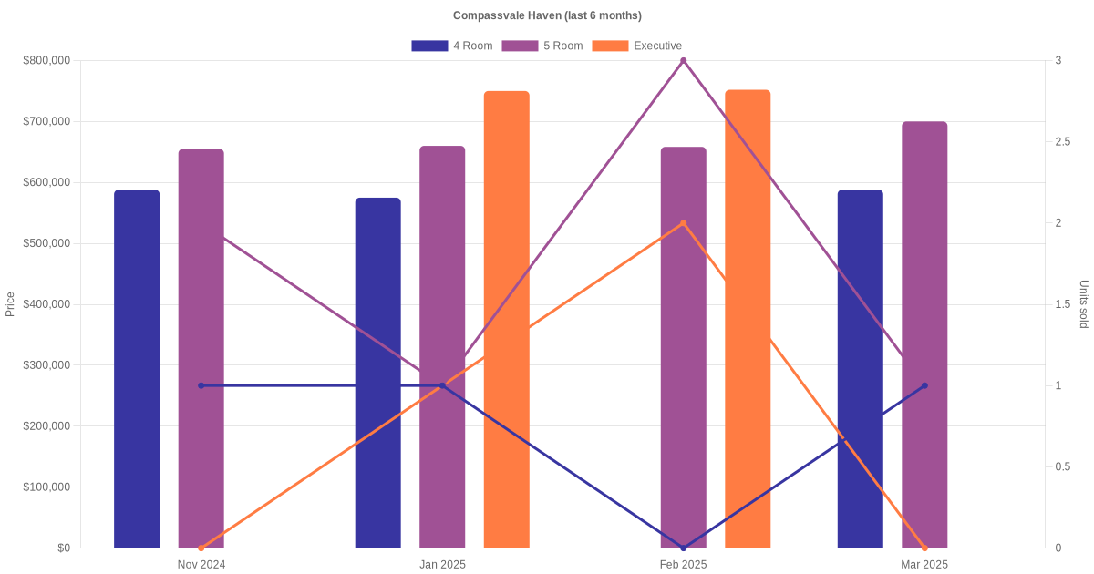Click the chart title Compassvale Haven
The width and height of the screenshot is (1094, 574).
tap(547, 15)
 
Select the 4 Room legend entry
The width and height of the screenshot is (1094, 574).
tap(452, 46)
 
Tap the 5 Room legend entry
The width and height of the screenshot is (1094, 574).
tap(542, 46)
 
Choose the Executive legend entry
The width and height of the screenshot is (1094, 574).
tap(637, 46)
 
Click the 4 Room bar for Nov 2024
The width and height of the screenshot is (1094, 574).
tap(137, 369)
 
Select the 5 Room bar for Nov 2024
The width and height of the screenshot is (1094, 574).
tap(201, 348)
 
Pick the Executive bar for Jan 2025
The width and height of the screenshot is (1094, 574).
tap(506, 319)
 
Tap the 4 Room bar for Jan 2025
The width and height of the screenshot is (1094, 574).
tap(377, 373)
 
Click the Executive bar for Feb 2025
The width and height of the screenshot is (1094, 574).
tap(748, 319)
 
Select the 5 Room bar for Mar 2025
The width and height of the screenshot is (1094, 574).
tap(924, 334)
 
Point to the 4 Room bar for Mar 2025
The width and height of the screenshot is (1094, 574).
tap(860, 369)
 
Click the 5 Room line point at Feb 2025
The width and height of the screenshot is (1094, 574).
tap(683, 61)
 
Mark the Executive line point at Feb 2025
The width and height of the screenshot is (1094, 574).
tap(683, 223)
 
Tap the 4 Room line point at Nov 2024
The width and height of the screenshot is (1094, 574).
tap(201, 385)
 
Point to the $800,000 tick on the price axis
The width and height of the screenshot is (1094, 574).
tap(46, 61)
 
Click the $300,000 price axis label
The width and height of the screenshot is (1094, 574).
tap(46, 365)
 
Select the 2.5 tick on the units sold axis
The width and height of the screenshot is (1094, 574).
tap(1063, 142)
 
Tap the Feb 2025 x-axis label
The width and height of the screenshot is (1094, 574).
tap(683, 565)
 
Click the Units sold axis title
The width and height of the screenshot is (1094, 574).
tap(1083, 304)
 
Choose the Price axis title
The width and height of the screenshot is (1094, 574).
tap(10, 304)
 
